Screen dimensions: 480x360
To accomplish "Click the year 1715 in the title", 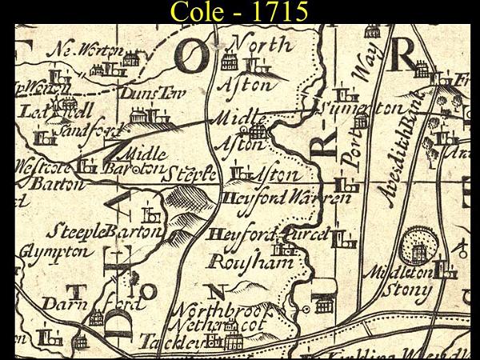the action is tap(277, 12).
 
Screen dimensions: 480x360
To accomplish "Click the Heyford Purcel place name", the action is tap(267, 235).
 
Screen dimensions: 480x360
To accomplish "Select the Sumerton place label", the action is tap(369, 108).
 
